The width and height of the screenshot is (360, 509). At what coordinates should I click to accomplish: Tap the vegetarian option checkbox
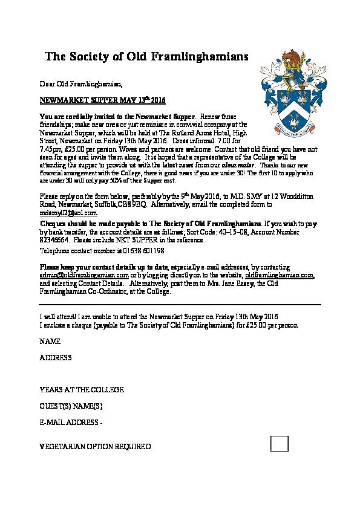[279, 443]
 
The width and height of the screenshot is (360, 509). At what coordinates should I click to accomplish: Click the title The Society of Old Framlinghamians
[147, 57]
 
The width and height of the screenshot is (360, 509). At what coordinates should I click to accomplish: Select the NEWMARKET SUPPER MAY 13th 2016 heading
[102, 99]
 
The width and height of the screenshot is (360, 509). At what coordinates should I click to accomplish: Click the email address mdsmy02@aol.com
[68, 213]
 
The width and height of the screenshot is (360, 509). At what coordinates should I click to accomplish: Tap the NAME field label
[50, 342]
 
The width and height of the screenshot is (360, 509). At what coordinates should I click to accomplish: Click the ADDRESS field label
[56, 358]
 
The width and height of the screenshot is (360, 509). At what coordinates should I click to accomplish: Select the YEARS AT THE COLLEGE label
[82, 390]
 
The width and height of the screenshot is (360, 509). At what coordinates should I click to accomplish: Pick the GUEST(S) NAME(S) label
[71, 406]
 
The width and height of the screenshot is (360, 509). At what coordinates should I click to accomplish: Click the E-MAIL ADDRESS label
[70, 422]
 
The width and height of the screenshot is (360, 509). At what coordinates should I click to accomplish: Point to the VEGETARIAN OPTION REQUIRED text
[95, 447]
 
